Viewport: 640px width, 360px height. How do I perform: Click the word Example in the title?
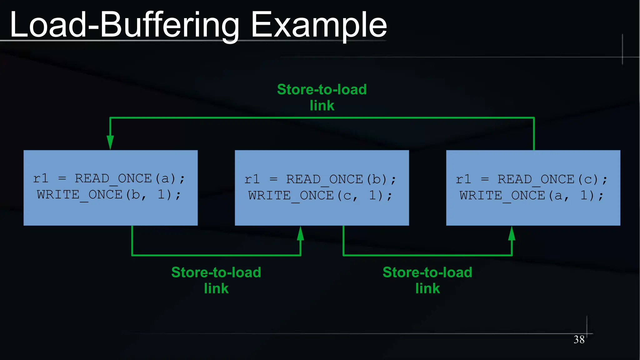coord(319,25)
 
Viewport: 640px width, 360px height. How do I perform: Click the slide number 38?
coord(579,339)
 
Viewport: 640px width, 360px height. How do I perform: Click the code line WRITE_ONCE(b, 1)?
coord(109,195)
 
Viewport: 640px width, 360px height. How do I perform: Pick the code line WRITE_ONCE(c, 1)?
coord(320,196)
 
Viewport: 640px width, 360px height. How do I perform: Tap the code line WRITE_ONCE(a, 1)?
coord(531,196)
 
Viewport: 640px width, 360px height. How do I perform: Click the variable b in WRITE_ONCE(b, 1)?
coord(136,195)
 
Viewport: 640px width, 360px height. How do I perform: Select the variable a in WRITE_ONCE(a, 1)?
coord(558,196)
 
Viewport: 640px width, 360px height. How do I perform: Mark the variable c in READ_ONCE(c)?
coord(588,180)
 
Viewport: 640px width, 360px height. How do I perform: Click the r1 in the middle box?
coord(252,179)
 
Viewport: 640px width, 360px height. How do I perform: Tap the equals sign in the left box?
coord(62,178)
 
